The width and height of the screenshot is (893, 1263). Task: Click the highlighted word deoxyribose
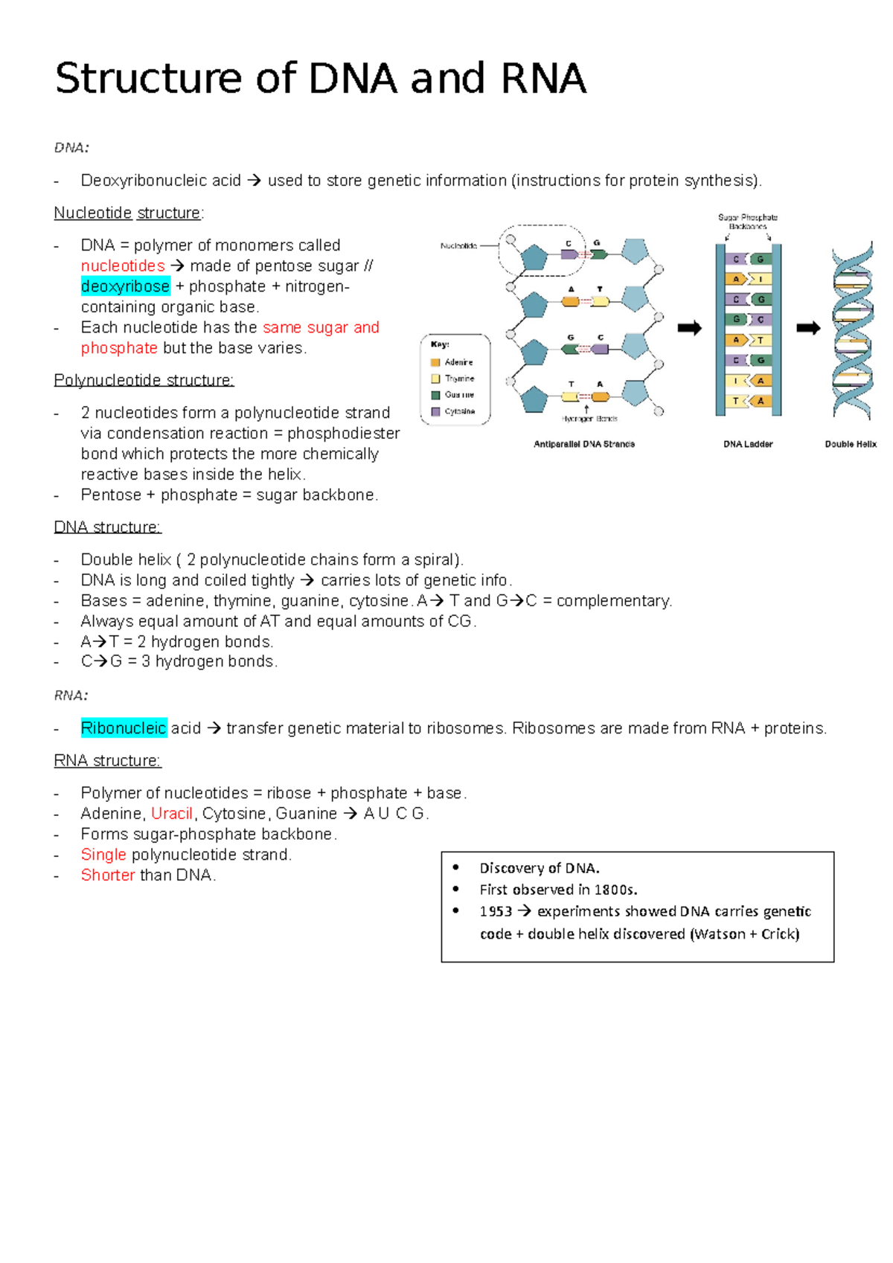(x=125, y=286)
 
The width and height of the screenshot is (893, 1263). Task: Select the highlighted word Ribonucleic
(x=124, y=728)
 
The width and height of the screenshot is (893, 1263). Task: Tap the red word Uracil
(x=172, y=814)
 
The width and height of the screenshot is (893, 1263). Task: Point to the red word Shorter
(x=108, y=875)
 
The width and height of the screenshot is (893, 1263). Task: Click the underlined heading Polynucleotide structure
(x=144, y=381)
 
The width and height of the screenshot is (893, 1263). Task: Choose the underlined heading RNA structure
(x=107, y=761)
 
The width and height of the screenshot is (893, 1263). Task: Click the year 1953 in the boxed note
(x=496, y=912)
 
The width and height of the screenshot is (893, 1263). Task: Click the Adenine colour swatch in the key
(x=436, y=362)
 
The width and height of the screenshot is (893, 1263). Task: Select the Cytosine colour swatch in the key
(x=436, y=411)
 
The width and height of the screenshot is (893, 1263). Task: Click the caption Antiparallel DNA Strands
(x=584, y=444)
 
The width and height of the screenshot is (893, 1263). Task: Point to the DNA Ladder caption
(x=748, y=444)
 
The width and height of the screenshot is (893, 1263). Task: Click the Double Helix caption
(x=851, y=444)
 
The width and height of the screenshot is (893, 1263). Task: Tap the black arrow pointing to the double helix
(x=808, y=328)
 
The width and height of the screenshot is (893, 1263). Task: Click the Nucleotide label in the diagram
(x=458, y=245)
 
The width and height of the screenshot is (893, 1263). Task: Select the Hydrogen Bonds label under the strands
(x=589, y=419)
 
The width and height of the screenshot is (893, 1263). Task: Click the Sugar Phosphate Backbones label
(x=748, y=222)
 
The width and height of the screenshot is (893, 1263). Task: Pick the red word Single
(x=103, y=855)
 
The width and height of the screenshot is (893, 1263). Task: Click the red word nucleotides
(x=123, y=266)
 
